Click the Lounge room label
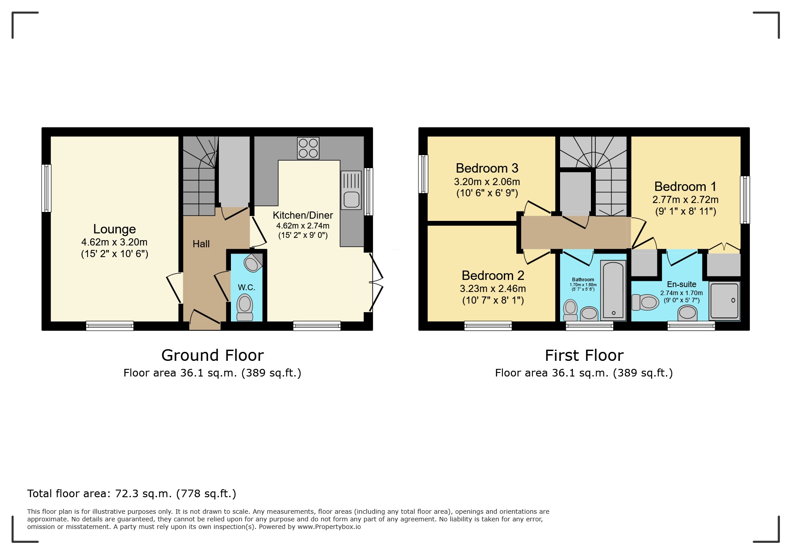pyautogui.click(x=114, y=229)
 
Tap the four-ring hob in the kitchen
pyautogui.click(x=308, y=148)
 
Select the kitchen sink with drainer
pyautogui.click(x=352, y=190)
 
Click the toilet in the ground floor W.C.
pyautogui.click(x=245, y=307)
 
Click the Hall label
pyautogui.click(x=201, y=244)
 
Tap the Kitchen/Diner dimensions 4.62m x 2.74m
pyautogui.click(x=303, y=226)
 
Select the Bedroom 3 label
pyautogui.click(x=487, y=168)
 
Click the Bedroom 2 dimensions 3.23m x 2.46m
pyautogui.click(x=493, y=289)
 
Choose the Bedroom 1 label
pyautogui.click(x=685, y=186)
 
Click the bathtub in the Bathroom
pyautogui.click(x=613, y=291)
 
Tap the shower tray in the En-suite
pyautogui.click(x=724, y=301)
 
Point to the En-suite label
pyautogui.click(x=682, y=284)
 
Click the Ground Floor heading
pyautogui.click(x=212, y=355)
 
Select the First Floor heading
pyautogui.click(x=584, y=355)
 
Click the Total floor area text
pyautogui.click(x=131, y=494)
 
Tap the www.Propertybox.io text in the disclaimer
pyautogui.click(x=329, y=527)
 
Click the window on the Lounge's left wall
pyautogui.click(x=46, y=188)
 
